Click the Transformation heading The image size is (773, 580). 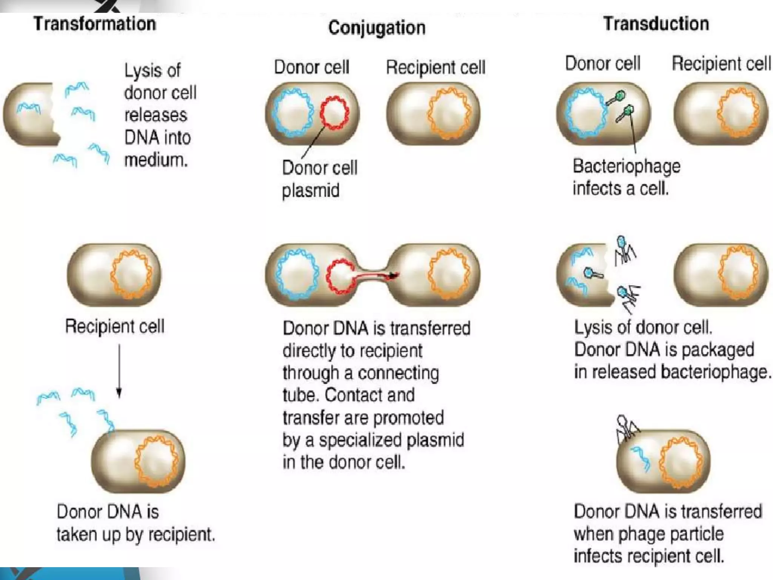tap(95, 24)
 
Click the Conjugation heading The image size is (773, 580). tap(377, 28)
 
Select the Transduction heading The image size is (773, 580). tap(656, 24)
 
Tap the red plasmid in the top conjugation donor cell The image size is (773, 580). tap(334, 113)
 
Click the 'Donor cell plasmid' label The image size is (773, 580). tap(319, 179)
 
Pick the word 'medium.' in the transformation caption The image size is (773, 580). tap(156, 160)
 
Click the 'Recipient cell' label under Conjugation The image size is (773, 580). tap(435, 68)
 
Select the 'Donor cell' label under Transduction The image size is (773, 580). tap(603, 63)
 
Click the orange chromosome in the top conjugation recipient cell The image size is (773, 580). tap(449, 113)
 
